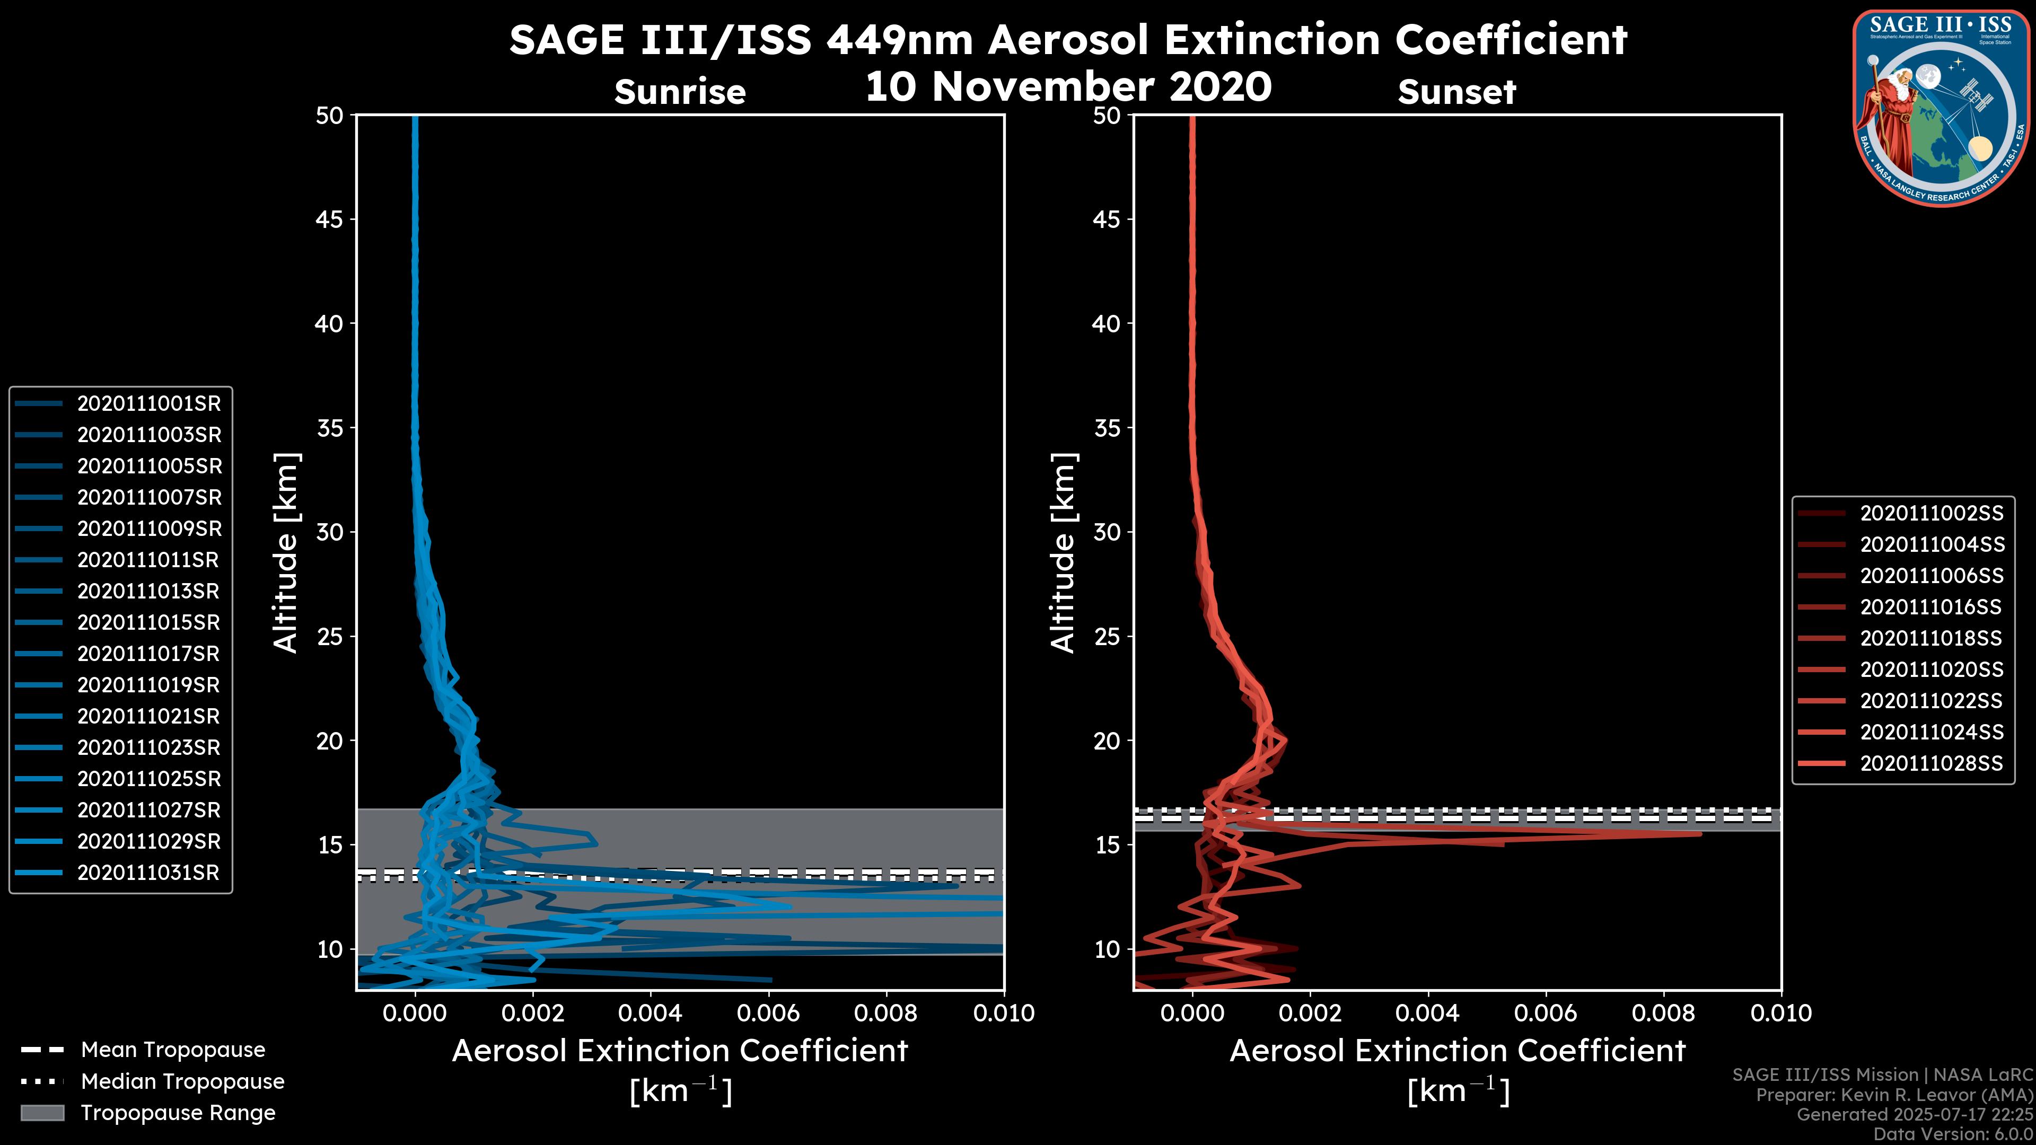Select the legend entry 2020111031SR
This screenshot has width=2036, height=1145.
click(x=148, y=873)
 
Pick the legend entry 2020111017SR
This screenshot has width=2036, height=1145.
click(x=148, y=654)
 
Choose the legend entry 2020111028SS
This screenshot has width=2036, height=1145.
click(x=1931, y=764)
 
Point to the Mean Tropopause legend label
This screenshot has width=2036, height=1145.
click(x=173, y=1050)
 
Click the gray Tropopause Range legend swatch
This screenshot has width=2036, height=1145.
click(x=42, y=1113)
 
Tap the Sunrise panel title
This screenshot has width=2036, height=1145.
click(x=680, y=92)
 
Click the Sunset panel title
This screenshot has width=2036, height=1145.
click(x=1456, y=92)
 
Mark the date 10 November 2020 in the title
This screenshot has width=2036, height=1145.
click(x=1068, y=87)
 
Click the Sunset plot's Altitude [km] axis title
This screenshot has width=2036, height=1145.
click(x=1063, y=553)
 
